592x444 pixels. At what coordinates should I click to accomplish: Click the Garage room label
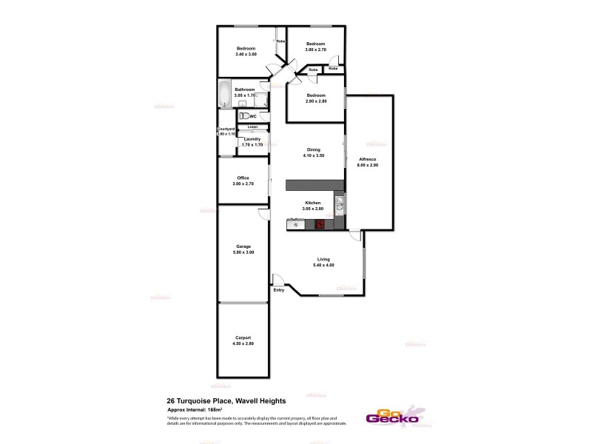(243, 246)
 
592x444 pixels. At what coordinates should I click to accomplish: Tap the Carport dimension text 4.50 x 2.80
(243, 343)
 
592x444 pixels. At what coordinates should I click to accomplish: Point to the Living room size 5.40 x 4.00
(324, 265)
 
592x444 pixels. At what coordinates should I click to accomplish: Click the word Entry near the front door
(279, 289)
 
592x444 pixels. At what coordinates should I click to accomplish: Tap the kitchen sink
(339, 202)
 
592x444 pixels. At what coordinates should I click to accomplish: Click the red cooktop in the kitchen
(320, 223)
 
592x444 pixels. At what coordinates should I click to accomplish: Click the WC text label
(253, 116)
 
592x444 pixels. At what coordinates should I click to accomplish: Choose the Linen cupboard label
(252, 127)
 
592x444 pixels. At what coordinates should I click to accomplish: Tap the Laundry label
(252, 138)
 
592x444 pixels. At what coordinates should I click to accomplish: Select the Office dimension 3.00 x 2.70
(243, 184)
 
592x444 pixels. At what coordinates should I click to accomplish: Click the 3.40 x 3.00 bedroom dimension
(246, 55)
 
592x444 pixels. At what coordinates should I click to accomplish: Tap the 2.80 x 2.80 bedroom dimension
(316, 101)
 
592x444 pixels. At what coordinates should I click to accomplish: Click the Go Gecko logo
(391, 417)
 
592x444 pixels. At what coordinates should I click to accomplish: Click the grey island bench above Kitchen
(314, 184)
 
